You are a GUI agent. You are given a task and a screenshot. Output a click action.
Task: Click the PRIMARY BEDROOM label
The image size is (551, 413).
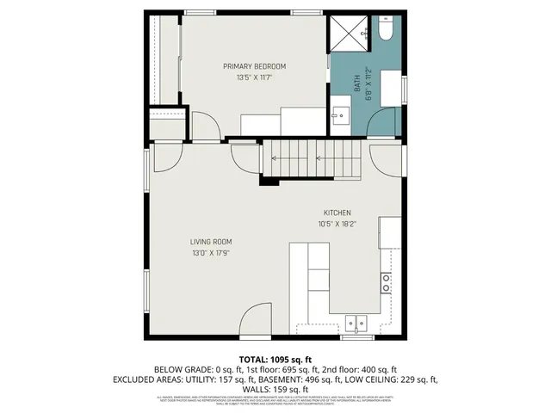(254, 66)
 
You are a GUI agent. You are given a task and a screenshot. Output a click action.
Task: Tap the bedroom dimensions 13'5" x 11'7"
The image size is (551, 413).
(254, 77)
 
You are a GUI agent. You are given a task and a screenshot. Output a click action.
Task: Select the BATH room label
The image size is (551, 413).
(357, 82)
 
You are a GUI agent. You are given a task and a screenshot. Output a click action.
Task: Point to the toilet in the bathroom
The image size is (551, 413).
(385, 32)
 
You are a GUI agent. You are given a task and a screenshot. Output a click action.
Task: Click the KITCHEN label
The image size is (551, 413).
(337, 213)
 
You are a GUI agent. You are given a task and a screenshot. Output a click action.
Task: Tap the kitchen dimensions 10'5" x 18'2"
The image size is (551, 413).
(337, 224)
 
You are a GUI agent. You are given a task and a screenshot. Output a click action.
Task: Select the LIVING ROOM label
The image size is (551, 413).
(211, 242)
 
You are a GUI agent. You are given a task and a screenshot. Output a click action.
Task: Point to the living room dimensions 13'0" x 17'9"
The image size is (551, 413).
(211, 253)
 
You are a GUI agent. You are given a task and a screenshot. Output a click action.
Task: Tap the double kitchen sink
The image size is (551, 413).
(355, 323)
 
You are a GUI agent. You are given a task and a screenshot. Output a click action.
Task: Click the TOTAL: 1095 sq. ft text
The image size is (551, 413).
(275, 359)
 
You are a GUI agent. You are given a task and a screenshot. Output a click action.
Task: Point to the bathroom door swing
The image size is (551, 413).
(384, 120)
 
